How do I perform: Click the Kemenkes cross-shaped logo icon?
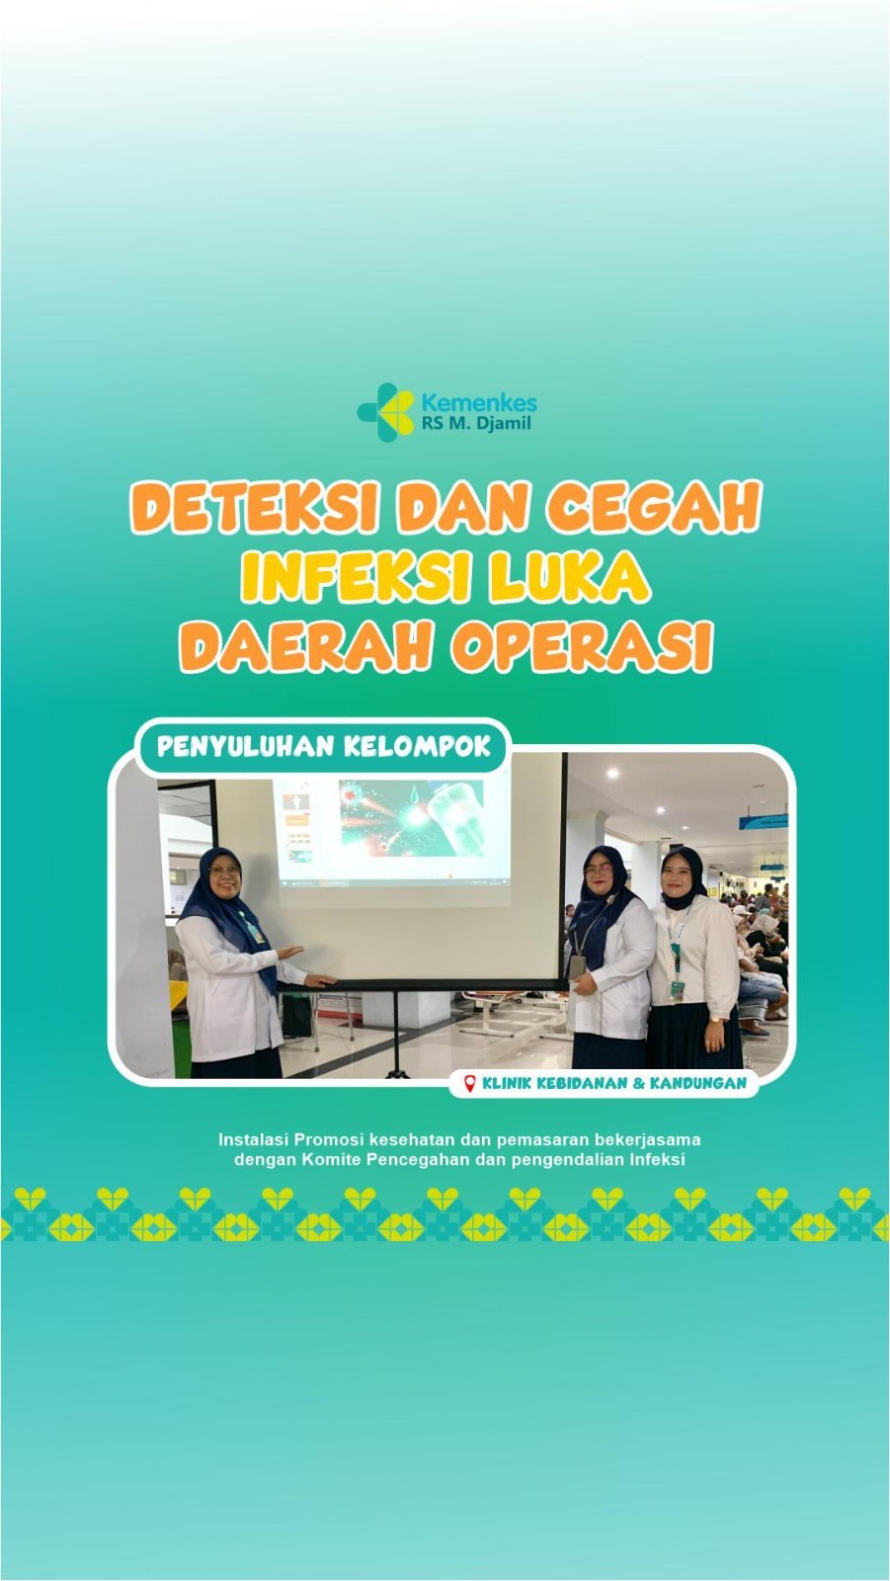click(x=385, y=412)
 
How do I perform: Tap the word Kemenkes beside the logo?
click(x=478, y=403)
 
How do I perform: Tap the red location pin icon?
click(x=470, y=1083)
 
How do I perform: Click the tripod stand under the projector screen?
click(x=396, y=1032)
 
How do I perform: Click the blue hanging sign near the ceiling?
click(x=763, y=821)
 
